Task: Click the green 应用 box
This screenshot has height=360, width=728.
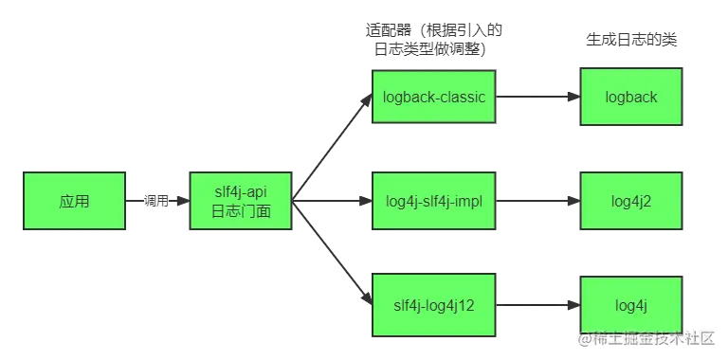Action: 75,202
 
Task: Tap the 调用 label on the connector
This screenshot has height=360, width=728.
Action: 155,201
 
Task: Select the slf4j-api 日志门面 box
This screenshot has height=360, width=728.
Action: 241,202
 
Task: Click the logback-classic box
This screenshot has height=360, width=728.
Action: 434,97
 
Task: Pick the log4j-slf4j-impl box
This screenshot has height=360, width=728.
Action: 434,202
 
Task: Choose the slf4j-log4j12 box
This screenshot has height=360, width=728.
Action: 434,306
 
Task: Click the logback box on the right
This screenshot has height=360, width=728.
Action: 632,97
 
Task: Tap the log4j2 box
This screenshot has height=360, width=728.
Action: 632,202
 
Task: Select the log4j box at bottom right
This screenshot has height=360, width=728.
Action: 632,306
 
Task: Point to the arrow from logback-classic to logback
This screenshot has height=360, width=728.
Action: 537,97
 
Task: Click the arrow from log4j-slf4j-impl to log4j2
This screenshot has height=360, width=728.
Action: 537,202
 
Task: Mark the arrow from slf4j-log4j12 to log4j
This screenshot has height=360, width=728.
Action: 537,306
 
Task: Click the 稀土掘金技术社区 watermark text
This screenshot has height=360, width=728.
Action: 645,338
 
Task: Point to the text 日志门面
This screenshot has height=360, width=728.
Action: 241,211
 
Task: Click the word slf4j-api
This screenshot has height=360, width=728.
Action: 241,192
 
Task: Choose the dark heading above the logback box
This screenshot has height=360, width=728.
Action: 632,39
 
